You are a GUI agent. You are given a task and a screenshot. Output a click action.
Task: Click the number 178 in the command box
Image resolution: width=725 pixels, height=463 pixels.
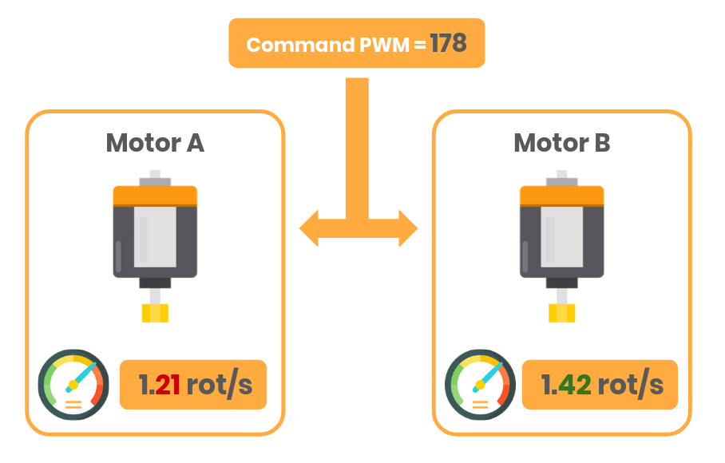coord(448,43)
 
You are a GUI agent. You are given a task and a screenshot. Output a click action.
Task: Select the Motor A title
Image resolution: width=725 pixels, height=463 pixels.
coord(155,143)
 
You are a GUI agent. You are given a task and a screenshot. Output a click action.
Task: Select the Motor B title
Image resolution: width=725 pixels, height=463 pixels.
coord(562,143)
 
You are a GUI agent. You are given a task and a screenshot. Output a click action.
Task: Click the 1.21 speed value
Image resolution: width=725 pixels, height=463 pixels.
coord(159,385)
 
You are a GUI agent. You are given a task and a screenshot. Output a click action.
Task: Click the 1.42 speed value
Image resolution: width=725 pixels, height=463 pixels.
coord(566,385)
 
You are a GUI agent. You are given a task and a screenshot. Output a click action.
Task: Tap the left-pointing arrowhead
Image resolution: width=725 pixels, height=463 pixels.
coord(311,229)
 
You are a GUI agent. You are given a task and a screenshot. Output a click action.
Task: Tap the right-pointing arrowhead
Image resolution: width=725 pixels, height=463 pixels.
coord(406,229)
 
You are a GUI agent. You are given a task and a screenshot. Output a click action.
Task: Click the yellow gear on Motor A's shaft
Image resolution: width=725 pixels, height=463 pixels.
coord(156,313)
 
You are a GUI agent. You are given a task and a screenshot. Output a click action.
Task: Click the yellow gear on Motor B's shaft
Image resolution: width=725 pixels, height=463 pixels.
coord(562,313)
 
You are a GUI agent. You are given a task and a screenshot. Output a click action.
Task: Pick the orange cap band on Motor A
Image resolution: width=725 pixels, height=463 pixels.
coord(155,196)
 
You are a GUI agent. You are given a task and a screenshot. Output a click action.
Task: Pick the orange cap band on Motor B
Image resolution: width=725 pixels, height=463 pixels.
coord(562,196)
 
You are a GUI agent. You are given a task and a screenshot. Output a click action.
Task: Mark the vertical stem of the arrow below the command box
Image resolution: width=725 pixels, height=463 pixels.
coord(357,144)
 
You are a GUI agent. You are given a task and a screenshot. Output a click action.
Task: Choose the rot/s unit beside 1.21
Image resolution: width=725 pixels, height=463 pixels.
coord(219,385)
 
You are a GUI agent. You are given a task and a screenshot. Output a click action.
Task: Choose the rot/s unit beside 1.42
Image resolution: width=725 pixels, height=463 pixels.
coord(630,385)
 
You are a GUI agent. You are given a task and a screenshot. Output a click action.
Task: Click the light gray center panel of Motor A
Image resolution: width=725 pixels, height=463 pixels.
coord(155,238)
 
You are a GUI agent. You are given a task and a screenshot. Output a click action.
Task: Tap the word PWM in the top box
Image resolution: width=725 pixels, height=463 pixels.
coord(384,45)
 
